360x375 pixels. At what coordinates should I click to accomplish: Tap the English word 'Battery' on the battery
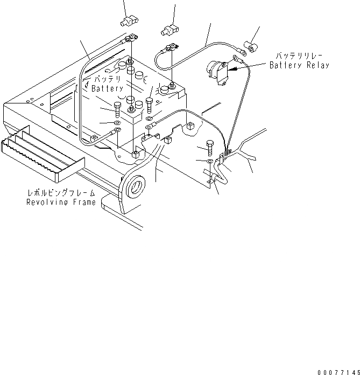(x=108, y=88)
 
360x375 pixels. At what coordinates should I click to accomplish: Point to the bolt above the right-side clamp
(x=210, y=147)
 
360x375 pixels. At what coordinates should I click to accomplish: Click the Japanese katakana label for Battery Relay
(x=298, y=56)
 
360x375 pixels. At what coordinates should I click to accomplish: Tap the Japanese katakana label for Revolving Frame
(x=62, y=193)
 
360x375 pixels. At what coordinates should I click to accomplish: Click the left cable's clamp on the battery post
(x=131, y=39)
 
